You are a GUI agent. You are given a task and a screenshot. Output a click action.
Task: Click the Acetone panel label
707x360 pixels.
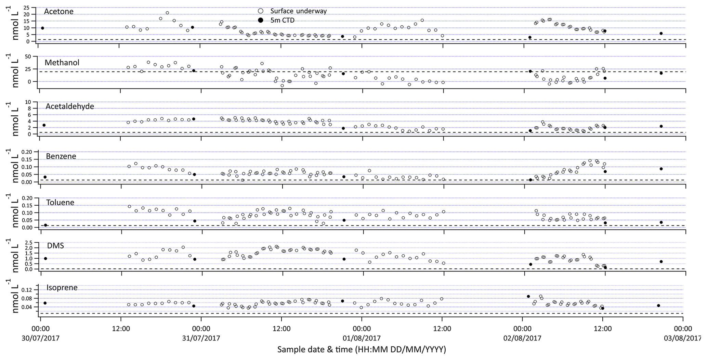pos(58,11)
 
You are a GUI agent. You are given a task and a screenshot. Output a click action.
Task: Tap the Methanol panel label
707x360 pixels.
pos(62,63)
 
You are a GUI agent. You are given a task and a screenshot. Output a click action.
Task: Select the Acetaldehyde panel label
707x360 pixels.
pos(70,106)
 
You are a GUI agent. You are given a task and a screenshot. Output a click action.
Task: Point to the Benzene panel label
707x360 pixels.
pos(61,156)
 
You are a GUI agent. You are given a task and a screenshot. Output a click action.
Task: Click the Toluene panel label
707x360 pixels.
pos(60,202)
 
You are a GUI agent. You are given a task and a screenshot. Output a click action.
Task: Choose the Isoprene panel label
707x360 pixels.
pos(62,287)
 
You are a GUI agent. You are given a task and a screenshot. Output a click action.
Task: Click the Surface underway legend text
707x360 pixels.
pos(298,11)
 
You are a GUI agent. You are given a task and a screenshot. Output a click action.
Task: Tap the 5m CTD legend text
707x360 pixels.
pos(282,20)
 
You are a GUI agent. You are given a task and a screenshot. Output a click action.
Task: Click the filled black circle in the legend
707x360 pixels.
pos(260,20)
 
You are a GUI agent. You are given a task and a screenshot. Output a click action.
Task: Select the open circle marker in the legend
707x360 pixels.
pos(260,11)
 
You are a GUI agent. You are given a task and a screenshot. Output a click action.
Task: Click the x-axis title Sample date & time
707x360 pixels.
pos(362,349)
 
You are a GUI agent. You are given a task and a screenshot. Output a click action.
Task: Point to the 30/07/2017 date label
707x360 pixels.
pos(40,338)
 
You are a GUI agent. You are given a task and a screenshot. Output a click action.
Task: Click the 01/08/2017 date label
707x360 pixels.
pos(362,338)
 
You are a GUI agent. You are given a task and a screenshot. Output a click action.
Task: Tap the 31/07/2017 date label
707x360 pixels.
pos(201,338)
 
